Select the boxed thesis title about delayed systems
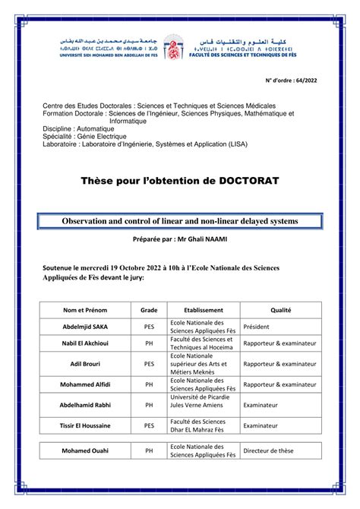(180, 220)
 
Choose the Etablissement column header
(204, 310)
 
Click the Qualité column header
(281, 310)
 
